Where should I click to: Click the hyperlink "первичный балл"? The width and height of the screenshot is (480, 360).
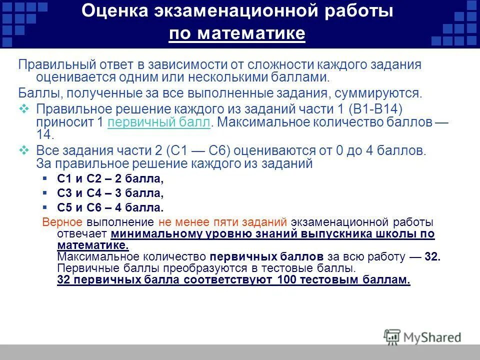pos(158,123)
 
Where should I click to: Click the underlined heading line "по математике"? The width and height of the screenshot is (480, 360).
pos(237,34)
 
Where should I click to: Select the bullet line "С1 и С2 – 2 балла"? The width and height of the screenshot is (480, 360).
pos(110,179)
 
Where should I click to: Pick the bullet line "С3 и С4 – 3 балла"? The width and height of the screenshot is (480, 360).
pos(110,193)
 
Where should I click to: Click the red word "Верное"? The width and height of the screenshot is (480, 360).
pos(63,222)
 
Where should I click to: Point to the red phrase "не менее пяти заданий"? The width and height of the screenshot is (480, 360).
pos(222,222)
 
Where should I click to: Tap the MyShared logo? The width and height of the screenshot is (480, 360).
pos(422,337)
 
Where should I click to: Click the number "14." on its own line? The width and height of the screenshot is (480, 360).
pos(44,135)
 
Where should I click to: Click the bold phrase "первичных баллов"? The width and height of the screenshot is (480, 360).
pos(267,257)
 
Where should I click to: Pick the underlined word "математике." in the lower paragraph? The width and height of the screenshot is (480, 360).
pos(93,245)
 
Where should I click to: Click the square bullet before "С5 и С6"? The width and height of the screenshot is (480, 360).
pos(45,206)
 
